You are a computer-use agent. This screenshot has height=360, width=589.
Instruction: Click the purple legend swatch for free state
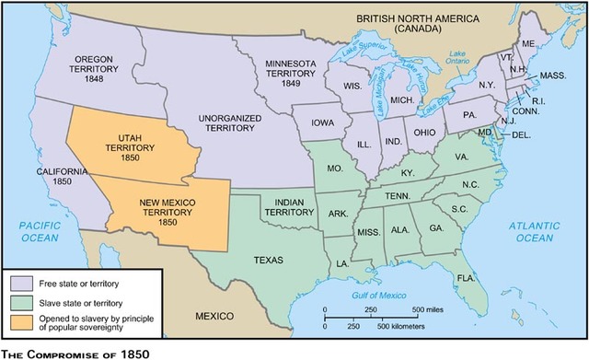click(x=21, y=280)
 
